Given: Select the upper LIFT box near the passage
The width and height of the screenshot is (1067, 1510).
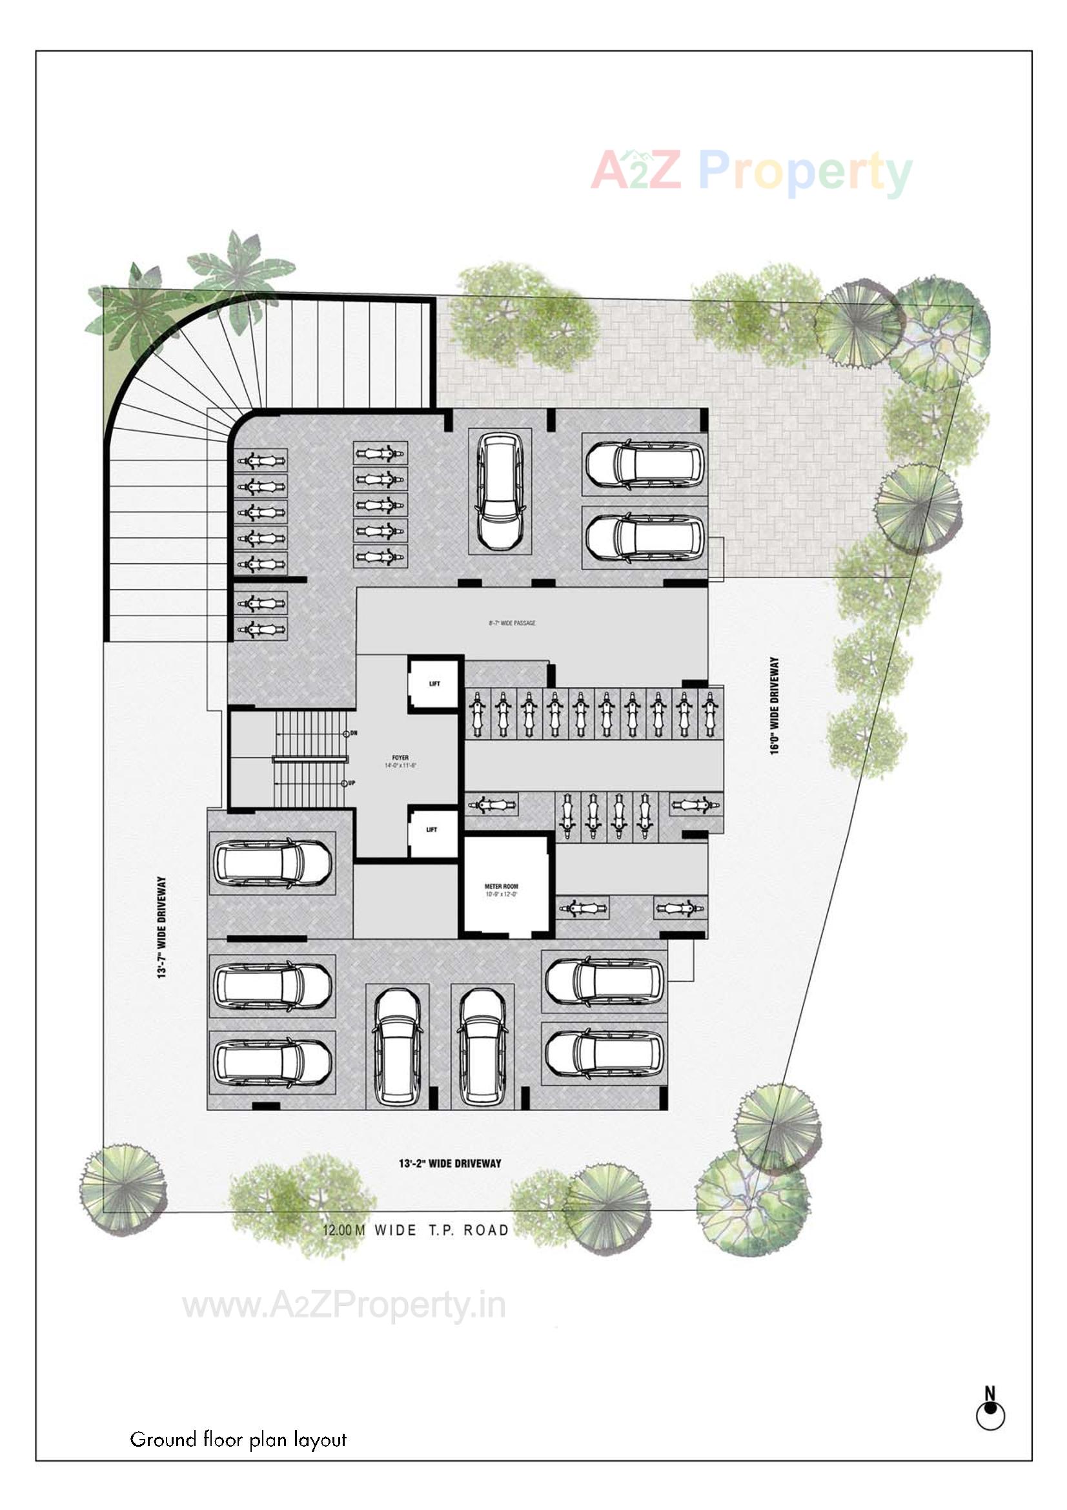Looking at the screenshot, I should [x=434, y=684].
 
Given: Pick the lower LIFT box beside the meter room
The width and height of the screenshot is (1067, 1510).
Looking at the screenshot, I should [x=432, y=831].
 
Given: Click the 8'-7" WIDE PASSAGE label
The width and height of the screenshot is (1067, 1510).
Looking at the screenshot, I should [x=512, y=623].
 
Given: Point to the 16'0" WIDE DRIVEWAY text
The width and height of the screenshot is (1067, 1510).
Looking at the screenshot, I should [x=775, y=706].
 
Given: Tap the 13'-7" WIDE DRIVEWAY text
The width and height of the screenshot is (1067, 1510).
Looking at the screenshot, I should [x=162, y=927].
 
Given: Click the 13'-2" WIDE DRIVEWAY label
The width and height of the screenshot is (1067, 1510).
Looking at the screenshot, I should [x=450, y=1163].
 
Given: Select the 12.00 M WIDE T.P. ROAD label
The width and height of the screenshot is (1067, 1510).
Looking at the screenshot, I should [x=416, y=1230].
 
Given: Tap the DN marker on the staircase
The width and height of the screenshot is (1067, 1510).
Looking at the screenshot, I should [x=352, y=733].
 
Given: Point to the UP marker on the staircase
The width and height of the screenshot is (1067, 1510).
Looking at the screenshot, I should [x=351, y=783].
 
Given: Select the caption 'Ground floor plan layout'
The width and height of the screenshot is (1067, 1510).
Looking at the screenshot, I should [x=238, y=1440].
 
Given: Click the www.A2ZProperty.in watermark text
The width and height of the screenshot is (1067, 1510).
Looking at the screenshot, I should [x=344, y=1305].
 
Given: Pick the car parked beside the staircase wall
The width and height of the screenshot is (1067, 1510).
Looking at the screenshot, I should [x=272, y=864].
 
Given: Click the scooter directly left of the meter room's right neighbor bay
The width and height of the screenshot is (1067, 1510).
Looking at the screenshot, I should [x=582, y=908].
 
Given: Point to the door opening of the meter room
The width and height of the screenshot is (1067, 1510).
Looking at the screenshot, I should [x=520, y=933].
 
